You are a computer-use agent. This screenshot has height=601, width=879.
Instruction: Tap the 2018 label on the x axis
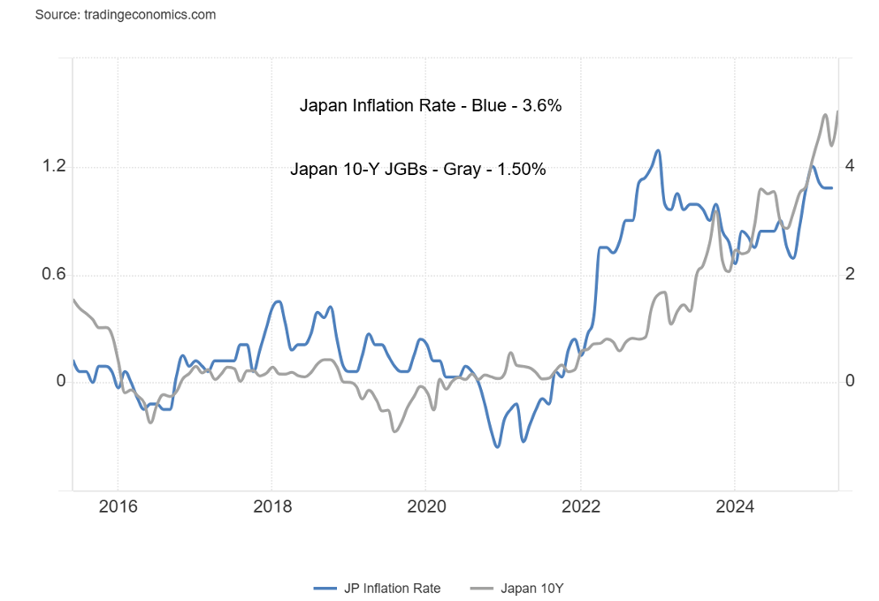tap(271, 506)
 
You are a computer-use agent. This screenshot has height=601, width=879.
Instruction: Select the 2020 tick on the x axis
tap(425, 506)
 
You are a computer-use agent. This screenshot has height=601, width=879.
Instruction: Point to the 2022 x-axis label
tap(580, 506)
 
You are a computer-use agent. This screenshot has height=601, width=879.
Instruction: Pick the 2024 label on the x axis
tap(734, 506)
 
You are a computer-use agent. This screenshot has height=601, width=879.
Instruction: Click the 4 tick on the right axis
tap(849, 166)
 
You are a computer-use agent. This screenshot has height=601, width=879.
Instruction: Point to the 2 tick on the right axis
tap(849, 274)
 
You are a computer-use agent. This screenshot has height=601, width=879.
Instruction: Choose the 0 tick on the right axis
tap(849, 382)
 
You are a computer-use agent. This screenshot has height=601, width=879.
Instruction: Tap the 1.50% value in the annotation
tap(522, 169)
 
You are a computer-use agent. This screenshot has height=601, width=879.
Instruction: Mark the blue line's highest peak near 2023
tap(658, 150)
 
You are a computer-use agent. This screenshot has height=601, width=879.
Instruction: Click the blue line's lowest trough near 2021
tap(497, 447)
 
